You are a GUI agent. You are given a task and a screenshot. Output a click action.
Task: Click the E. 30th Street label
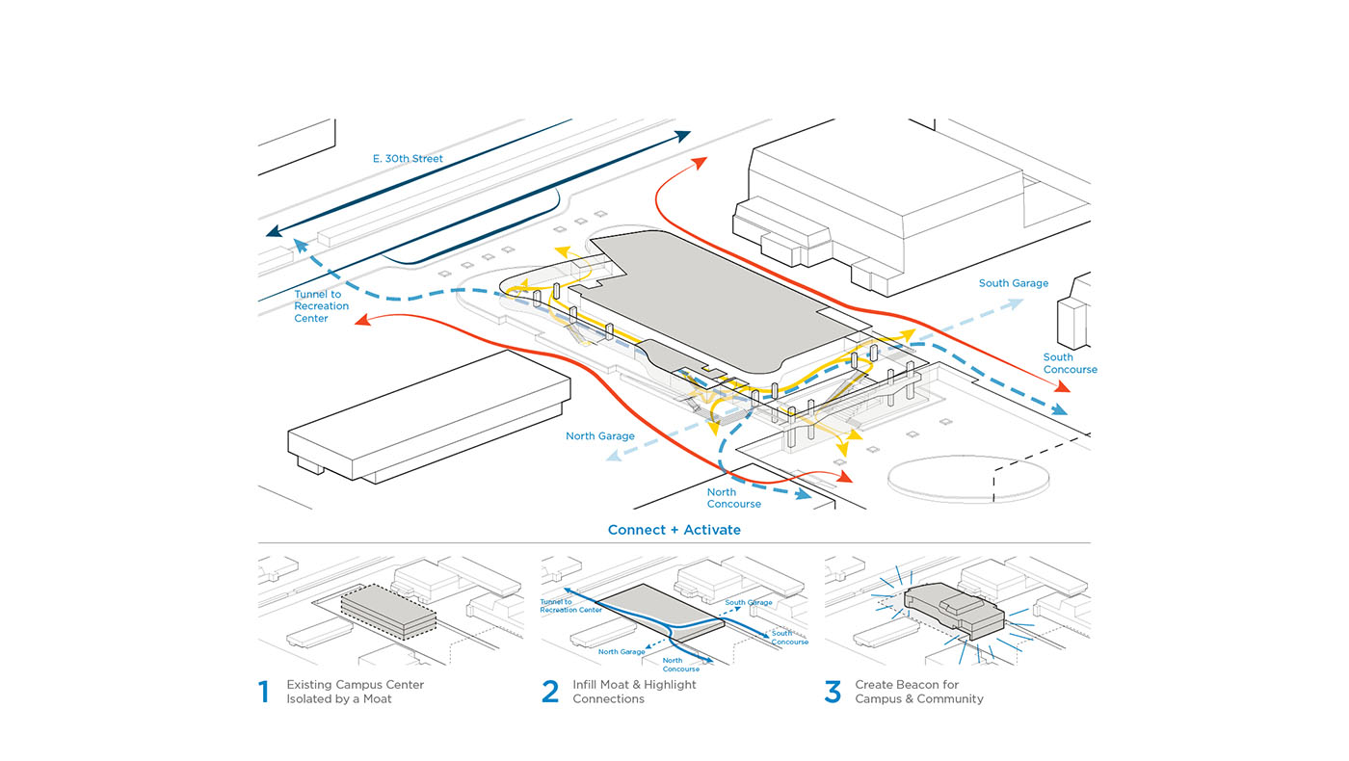coord(408,158)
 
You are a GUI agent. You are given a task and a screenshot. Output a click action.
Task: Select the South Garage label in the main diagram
coord(1014,283)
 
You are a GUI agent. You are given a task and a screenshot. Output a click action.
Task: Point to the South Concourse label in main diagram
coord(1070,363)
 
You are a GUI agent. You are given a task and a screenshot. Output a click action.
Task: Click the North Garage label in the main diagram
coord(600,436)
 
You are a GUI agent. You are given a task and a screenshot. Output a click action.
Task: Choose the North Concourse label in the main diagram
coord(734,498)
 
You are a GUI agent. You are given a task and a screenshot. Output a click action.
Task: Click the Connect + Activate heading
coord(674,530)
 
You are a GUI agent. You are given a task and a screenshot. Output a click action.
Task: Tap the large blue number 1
coord(264,692)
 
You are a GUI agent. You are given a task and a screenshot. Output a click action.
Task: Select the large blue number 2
coord(550,692)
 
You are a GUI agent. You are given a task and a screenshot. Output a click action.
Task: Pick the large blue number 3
coord(833,692)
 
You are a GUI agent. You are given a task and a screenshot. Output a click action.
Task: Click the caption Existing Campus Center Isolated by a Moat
coord(355,692)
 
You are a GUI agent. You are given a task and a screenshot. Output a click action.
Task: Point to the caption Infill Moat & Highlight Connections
coord(634,692)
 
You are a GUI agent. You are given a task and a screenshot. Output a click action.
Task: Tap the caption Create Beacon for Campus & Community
coord(919,692)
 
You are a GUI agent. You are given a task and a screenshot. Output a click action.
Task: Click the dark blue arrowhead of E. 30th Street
coord(274,232)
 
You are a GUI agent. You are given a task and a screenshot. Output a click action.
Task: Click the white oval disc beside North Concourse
coord(967,479)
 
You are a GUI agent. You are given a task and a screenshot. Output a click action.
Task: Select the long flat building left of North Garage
coord(429,416)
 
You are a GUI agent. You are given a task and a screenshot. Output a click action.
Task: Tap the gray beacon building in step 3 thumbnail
coord(954,611)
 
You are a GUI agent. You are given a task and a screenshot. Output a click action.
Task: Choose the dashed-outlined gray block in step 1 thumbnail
coord(389,610)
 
